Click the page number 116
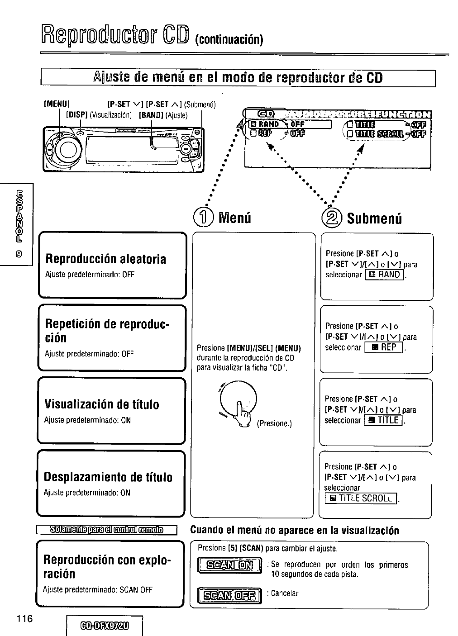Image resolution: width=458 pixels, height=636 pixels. click(25, 619)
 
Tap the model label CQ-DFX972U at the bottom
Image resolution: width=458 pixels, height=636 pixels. click(104, 627)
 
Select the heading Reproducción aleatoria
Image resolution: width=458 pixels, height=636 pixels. click(105, 259)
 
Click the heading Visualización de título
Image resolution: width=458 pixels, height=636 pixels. click(102, 404)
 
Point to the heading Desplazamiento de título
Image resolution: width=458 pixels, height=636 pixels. click(108, 477)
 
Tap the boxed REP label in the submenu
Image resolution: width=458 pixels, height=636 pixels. click(384, 347)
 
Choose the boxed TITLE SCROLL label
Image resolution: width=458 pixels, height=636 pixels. click(361, 498)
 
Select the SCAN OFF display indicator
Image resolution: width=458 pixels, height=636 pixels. click(228, 594)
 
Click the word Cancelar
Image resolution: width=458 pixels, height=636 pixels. click(285, 593)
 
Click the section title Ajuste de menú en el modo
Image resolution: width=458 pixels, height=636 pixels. click(238, 78)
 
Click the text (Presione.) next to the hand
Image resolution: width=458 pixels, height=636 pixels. click(275, 424)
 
